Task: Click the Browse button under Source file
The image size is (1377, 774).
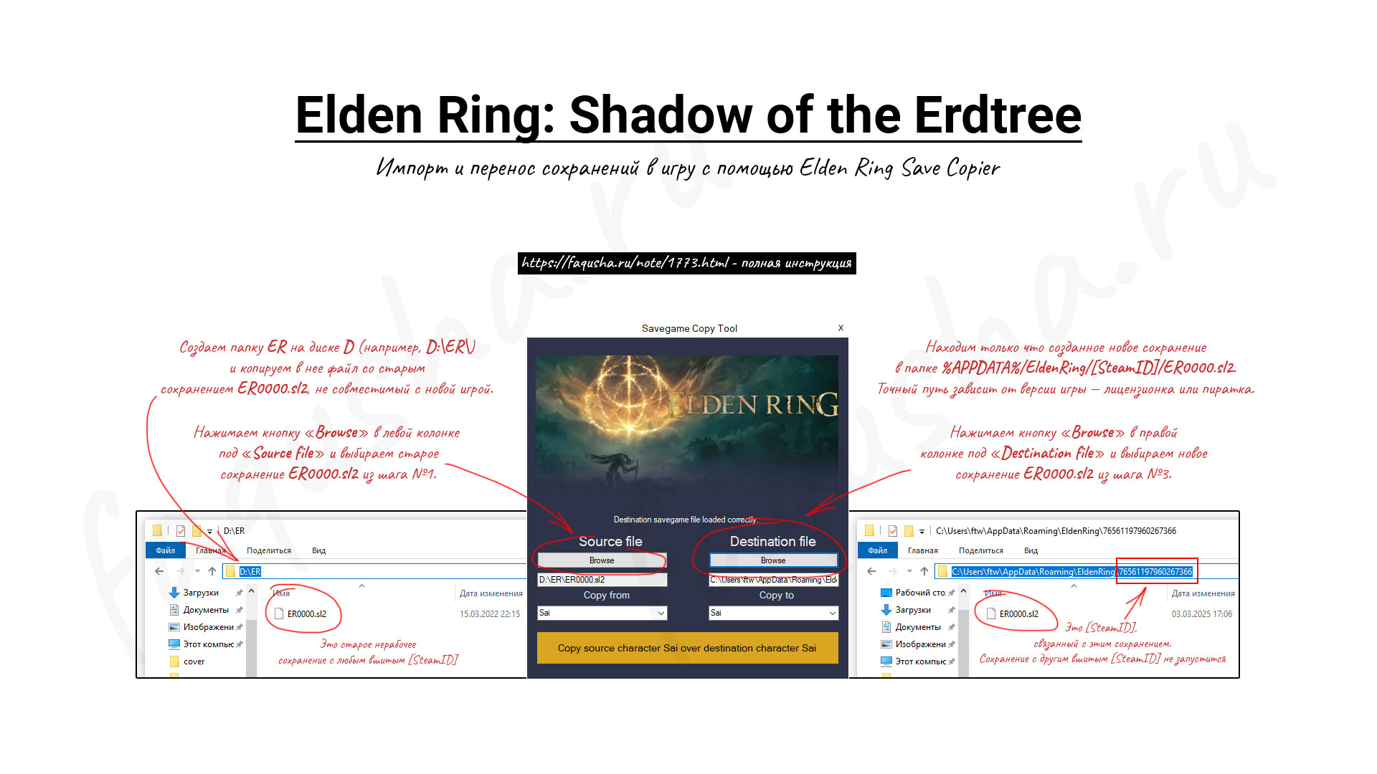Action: pos(602,560)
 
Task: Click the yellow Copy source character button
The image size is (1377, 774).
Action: pos(687,648)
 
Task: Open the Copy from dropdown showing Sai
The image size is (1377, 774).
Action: pos(602,613)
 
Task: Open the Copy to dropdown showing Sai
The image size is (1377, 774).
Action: pos(773,613)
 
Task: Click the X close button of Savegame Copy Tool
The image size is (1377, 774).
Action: pos(841,328)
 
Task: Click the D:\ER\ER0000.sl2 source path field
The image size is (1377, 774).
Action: pos(602,580)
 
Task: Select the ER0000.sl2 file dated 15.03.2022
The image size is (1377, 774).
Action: pos(306,614)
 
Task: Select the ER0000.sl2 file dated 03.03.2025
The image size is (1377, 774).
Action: pos(1018,614)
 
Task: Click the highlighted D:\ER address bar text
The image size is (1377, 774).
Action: pos(250,572)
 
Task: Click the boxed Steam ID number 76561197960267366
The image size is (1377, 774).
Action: pos(1155,572)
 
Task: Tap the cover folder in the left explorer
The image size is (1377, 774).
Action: pos(194,661)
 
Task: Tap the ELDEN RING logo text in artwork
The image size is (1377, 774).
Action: pos(752,405)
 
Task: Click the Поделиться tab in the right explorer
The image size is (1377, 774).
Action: pos(981,550)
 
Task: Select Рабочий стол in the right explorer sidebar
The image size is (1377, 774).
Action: pos(920,593)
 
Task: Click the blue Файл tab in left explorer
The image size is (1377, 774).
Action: pos(166,550)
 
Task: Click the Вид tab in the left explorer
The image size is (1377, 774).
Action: pos(318,550)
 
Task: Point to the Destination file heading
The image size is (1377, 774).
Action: pos(772,542)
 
